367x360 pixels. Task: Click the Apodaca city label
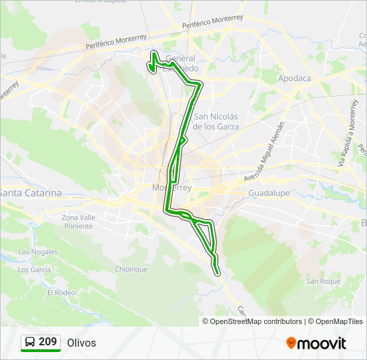294,78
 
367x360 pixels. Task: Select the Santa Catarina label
31,193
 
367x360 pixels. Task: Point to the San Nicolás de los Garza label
215,121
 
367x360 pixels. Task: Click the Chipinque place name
131,269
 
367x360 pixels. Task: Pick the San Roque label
323,281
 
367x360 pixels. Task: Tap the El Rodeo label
61,292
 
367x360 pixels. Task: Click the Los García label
34,269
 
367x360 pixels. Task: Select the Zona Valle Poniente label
79,221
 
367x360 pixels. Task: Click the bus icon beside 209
30,343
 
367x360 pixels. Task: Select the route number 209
47,342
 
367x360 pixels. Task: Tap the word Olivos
81,343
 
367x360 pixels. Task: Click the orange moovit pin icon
291,343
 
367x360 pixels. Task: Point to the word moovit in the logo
322,343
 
